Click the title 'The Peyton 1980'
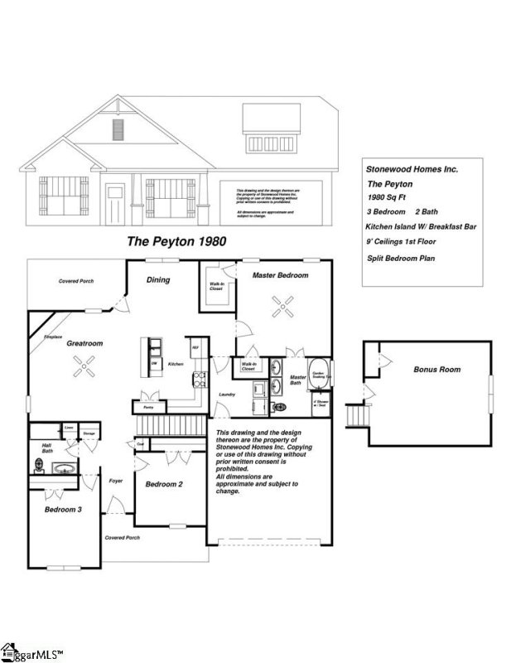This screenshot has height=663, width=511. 176,241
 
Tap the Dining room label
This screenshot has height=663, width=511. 158,280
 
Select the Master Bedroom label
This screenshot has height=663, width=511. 280,275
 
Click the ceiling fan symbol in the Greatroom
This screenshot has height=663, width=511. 104,362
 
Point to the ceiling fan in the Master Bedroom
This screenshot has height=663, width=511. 283,308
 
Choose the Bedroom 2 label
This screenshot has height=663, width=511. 163,484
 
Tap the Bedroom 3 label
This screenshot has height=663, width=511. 63,510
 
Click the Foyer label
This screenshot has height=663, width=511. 116,481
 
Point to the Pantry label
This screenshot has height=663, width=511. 148,408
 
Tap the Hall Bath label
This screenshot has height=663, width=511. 47,448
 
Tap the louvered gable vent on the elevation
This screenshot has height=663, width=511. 118,129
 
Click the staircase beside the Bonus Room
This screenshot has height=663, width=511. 355,412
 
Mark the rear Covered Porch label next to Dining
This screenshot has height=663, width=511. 76,282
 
